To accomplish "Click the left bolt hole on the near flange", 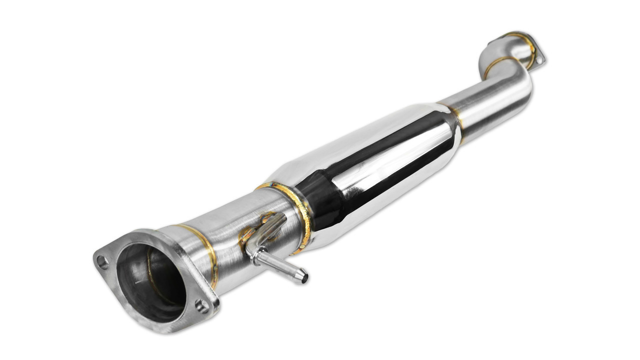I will click(x=102, y=261).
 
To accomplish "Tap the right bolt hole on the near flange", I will click(x=201, y=305).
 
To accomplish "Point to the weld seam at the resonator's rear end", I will click(x=456, y=120).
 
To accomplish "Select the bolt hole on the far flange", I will click(x=538, y=59).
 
